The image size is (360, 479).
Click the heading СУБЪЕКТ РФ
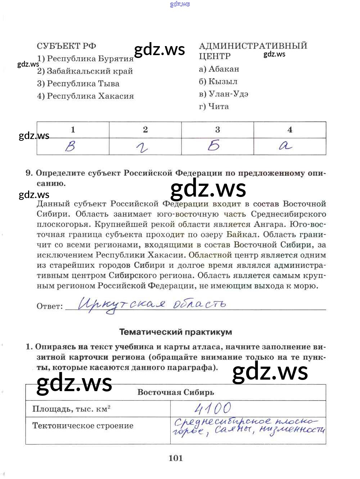(x=66, y=46)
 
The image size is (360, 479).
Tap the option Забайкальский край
(x=85, y=71)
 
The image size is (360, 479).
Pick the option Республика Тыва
(x=78, y=84)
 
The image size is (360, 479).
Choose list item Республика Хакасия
(x=85, y=96)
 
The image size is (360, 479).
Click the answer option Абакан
(x=219, y=69)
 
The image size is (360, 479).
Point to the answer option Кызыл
(x=218, y=81)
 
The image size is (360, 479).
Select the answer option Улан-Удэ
(x=224, y=94)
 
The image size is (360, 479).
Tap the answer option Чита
(x=214, y=106)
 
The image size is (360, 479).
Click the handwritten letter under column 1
(x=71, y=146)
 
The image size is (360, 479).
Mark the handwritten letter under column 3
(x=214, y=146)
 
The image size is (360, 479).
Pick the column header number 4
(x=290, y=130)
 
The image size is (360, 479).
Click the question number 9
(x=29, y=173)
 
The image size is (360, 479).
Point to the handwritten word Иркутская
(x=122, y=305)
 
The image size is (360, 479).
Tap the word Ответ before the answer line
(x=50, y=306)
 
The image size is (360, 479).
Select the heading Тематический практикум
(x=176, y=332)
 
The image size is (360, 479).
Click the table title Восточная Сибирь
(x=176, y=392)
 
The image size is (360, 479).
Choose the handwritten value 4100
(x=213, y=408)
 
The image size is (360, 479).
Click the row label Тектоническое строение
(x=83, y=425)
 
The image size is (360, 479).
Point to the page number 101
(x=176, y=458)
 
